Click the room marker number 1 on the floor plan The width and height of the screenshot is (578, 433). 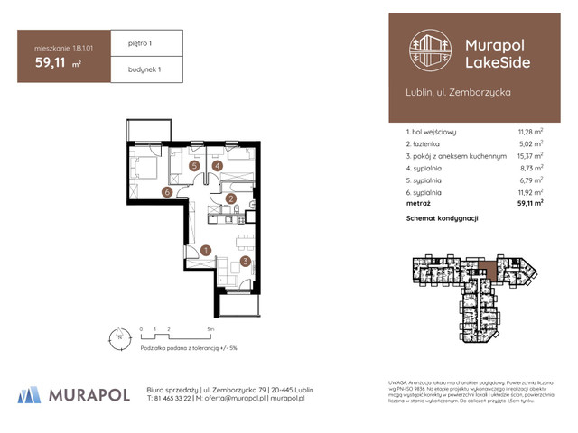(x=206, y=251)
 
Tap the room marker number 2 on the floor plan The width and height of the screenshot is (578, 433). (x=231, y=199)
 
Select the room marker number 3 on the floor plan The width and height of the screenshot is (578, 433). (x=245, y=263)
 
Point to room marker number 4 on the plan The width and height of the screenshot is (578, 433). (x=218, y=166)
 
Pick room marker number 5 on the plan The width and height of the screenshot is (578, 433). (x=195, y=166)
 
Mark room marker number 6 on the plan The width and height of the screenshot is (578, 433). (x=167, y=191)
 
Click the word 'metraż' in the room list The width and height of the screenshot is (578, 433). (x=421, y=205)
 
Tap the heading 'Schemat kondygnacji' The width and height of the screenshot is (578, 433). (x=442, y=219)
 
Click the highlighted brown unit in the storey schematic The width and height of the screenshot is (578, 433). (x=488, y=268)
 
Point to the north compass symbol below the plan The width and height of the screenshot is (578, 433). (x=116, y=339)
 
